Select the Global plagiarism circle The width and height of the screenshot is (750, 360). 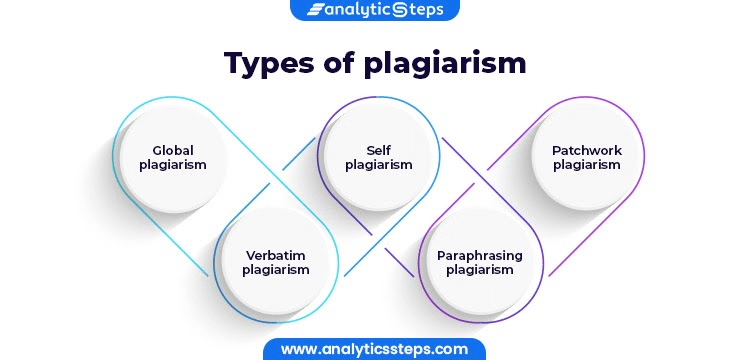(173, 157)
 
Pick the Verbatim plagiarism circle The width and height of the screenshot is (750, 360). (277, 262)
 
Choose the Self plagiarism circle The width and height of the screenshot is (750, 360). (378, 157)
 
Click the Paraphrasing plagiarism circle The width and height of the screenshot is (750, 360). (480, 262)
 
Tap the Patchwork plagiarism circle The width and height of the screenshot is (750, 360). (586, 157)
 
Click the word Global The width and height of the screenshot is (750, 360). (173, 150)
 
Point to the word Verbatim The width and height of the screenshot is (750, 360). (277, 255)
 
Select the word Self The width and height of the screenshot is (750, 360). (378, 150)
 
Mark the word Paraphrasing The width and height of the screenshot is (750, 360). (480, 255)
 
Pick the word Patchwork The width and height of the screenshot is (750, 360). (586, 150)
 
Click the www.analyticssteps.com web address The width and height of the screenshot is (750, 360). (374, 349)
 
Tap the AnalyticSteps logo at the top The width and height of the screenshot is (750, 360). (374, 10)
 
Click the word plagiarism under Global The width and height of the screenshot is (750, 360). (173, 165)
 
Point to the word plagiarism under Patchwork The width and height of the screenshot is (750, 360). (586, 165)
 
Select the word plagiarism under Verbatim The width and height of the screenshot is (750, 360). (277, 270)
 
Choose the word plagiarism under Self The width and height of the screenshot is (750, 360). (378, 165)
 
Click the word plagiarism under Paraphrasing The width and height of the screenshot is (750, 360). (480, 270)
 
